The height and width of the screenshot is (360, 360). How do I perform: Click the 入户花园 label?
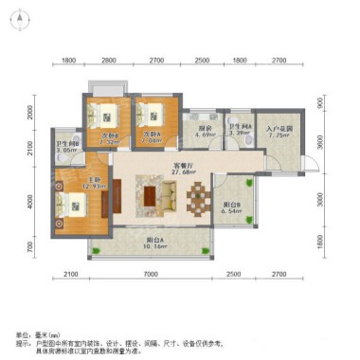[279, 130]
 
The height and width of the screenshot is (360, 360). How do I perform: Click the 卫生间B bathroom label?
[65, 145]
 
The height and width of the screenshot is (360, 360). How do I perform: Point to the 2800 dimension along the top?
[109, 61]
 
